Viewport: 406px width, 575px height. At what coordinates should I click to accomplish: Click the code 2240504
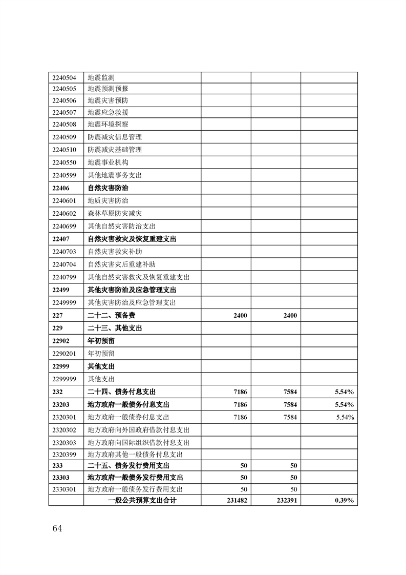(64, 78)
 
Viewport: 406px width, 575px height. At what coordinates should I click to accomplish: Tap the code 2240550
(64, 162)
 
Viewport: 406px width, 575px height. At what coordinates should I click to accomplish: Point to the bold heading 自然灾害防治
(108, 188)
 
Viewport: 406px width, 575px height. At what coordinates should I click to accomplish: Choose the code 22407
(60, 239)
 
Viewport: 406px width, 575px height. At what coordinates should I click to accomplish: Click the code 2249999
(64, 302)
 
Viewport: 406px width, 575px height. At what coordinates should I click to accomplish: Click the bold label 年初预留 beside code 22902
(101, 341)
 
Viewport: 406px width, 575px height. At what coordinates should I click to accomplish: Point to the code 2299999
(64, 379)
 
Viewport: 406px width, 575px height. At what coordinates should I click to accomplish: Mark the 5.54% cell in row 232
(344, 392)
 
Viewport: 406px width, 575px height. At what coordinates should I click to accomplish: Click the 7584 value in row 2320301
(290, 417)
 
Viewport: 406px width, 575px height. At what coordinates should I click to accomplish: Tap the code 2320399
(64, 455)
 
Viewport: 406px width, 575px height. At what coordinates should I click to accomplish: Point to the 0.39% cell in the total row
(344, 500)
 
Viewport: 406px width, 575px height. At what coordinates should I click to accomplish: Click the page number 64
(57, 529)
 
